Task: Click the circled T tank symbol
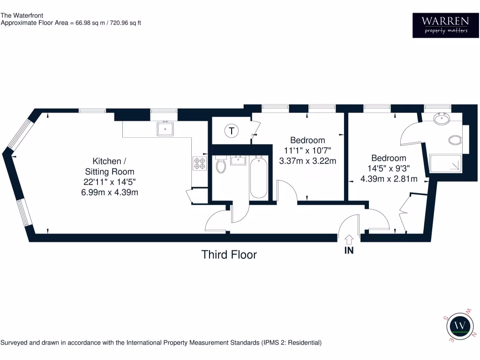(x=231, y=131)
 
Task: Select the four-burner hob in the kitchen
(x=200, y=163)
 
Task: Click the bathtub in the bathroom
(x=259, y=178)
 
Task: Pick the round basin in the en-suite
(x=442, y=120)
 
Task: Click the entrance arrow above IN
(x=349, y=239)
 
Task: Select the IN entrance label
(x=349, y=250)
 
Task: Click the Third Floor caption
(x=229, y=255)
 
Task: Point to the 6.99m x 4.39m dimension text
(x=109, y=193)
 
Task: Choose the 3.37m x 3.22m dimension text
(x=307, y=161)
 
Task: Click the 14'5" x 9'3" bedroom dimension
(x=389, y=168)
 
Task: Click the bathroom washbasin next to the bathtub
(x=239, y=161)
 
